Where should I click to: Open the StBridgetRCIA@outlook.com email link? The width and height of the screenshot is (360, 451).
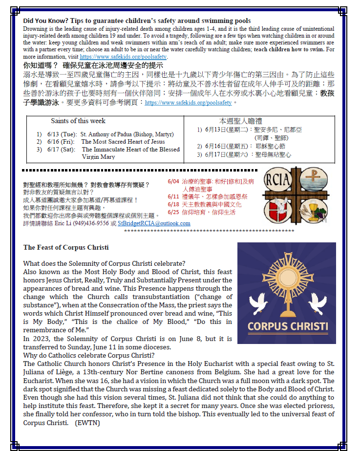point(154,223)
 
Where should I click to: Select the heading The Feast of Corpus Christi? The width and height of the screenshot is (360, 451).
point(66,247)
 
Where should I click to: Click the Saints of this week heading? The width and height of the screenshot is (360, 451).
point(78,121)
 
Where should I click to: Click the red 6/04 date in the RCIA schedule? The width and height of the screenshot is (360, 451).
point(173,181)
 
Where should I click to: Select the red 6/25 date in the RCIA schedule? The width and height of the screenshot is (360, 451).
point(173,212)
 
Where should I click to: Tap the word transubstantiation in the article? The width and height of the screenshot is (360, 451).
point(163,297)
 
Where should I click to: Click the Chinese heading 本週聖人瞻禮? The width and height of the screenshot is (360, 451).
point(241,121)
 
